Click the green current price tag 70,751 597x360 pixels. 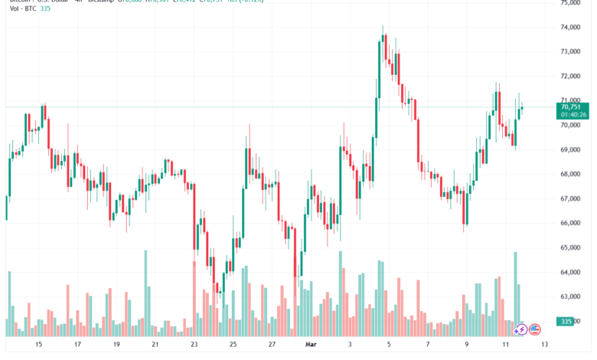tap(573, 108)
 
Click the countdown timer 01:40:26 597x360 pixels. tap(573, 116)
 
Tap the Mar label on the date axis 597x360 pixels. tap(310, 345)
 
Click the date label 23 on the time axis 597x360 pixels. tap(194, 345)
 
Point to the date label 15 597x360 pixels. tap(38, 345)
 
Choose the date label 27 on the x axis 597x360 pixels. tap(271, 345)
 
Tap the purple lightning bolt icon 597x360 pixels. tap(520, 329)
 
